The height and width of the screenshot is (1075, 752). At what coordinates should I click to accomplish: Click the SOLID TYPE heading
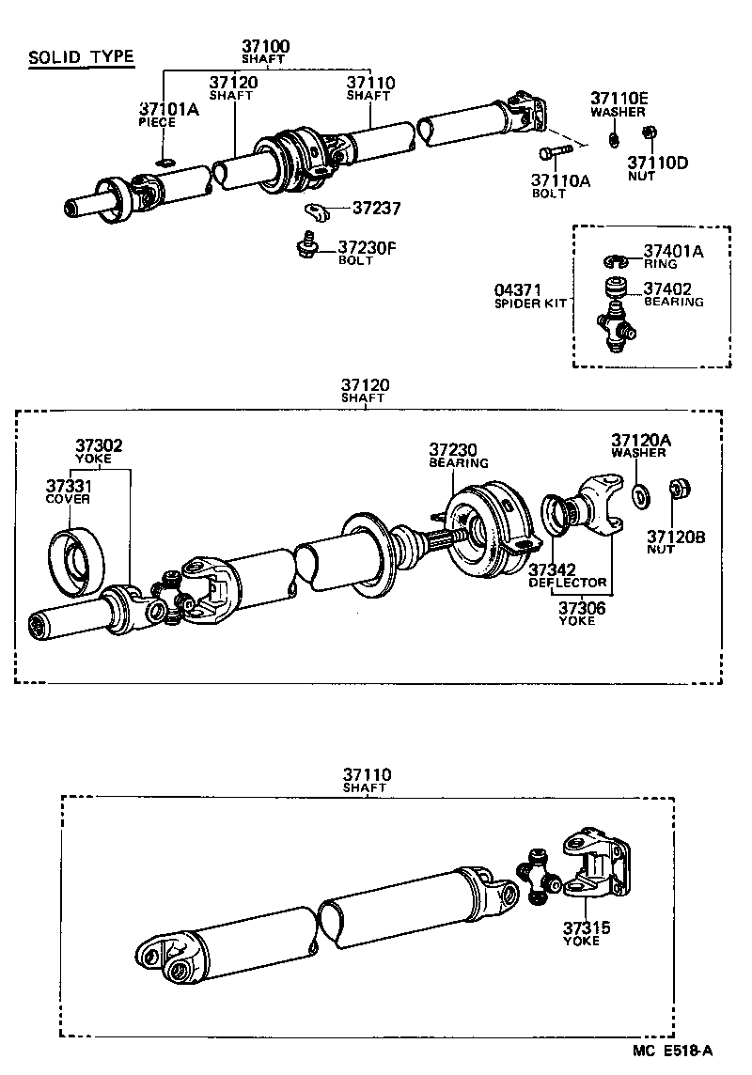pos(81,58)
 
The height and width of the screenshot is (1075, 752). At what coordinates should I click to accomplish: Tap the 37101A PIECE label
pos(169,115)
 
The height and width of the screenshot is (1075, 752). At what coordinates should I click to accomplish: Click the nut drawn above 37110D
pos(647,134)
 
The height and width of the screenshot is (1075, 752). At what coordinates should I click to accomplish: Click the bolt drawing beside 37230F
pos(305,243)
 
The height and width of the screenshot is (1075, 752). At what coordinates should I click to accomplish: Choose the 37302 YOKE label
pos(100,451)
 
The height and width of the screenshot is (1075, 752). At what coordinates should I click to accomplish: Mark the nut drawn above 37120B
pos(680,490)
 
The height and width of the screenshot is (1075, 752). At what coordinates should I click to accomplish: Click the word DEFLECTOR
pos(568,583)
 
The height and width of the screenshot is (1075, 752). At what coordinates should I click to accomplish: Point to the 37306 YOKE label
pos(583,614)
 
